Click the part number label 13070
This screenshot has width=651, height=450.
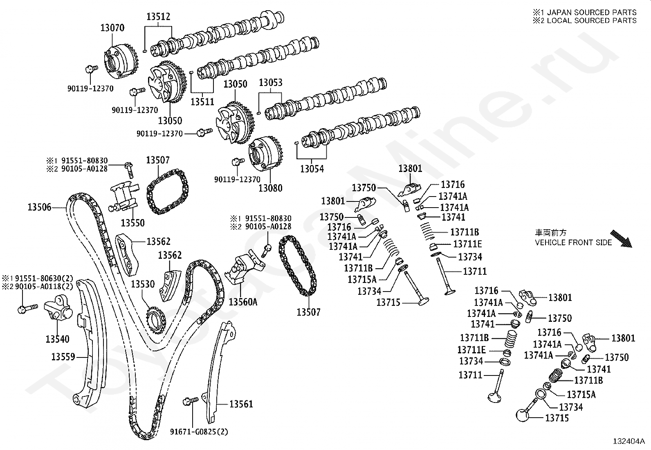tap(112, 28)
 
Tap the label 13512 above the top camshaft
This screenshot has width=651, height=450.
tap(158, 17)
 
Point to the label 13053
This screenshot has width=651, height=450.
tap(270, 83)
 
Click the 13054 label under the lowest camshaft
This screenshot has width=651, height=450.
tap(312, 168)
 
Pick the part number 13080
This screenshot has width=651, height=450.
tap(270, 188)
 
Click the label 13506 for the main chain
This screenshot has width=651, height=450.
tap(40, 207)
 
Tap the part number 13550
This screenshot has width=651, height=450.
tap(132, 223)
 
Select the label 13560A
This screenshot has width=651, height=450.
tap(243, 302)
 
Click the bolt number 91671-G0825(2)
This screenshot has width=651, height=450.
tap(199, 432)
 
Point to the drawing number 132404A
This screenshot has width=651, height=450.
tap(629, 441)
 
